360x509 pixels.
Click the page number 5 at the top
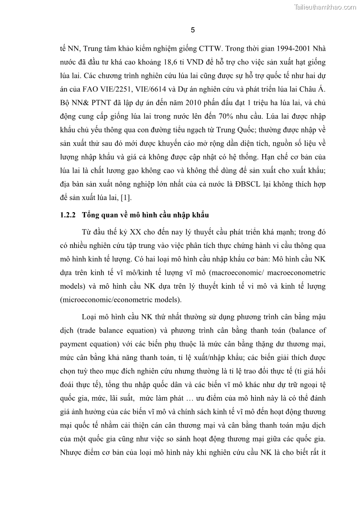[193, 30]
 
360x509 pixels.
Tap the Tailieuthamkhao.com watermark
[325, 7]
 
